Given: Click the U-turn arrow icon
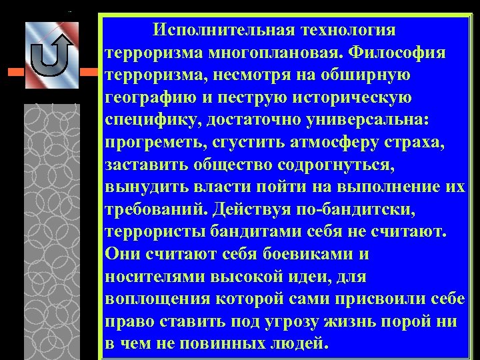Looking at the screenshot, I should coord(51,55).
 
